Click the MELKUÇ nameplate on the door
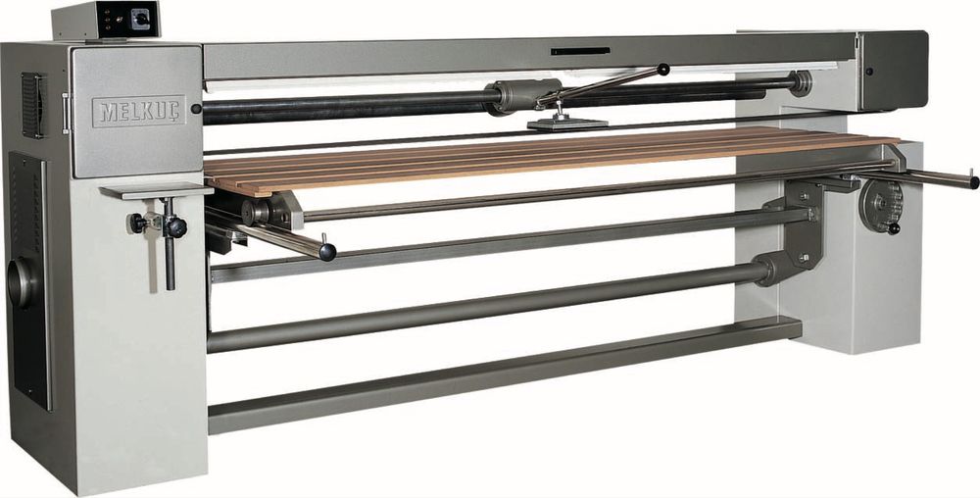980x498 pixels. point(139,111)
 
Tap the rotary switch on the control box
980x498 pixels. point(140,20)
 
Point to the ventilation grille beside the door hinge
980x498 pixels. point(33,105)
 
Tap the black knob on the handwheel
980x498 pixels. point(893,228)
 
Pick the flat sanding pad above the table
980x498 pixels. point(567,124)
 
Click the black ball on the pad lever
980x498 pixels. point(663,69)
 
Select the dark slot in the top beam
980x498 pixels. point(580,51)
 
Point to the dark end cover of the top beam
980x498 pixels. point(894,71)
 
